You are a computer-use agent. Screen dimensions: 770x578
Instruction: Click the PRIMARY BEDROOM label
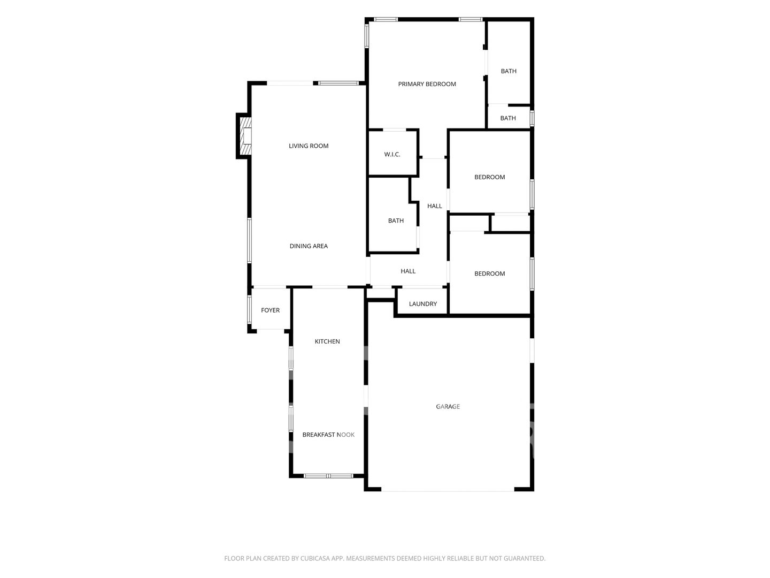click(427, 84)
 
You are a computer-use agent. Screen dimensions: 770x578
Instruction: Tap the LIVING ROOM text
click(309, 146)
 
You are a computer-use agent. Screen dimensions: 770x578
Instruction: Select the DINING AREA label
click(309, 246)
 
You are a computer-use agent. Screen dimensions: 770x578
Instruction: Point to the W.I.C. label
click(392, 154)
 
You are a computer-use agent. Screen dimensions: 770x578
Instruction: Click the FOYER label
click(270, 310)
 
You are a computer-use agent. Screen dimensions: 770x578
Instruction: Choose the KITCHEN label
click(327, 341)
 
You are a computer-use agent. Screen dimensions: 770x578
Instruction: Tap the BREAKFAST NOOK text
click(328, 435)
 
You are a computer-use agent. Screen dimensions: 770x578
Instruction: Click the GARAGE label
click(448, 406)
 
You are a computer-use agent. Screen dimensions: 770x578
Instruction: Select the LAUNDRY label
click(423, 304)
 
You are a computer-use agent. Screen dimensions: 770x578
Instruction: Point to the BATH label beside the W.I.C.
click(396, 220)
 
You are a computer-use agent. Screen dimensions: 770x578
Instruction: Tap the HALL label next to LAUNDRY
click(408, 271)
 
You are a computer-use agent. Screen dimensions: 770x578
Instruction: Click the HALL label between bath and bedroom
click(434, 206)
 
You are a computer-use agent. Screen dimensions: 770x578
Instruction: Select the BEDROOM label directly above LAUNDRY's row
click(489, 273)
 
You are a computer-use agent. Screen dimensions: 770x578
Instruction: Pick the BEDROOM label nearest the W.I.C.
click(489, 177)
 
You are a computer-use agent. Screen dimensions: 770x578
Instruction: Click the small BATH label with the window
click(507, 118)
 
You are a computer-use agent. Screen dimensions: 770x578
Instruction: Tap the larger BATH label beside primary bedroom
click(509, 71)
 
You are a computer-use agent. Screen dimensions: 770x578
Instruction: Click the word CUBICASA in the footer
click(314, 558)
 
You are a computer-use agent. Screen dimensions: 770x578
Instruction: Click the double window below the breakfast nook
click(328, 476)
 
